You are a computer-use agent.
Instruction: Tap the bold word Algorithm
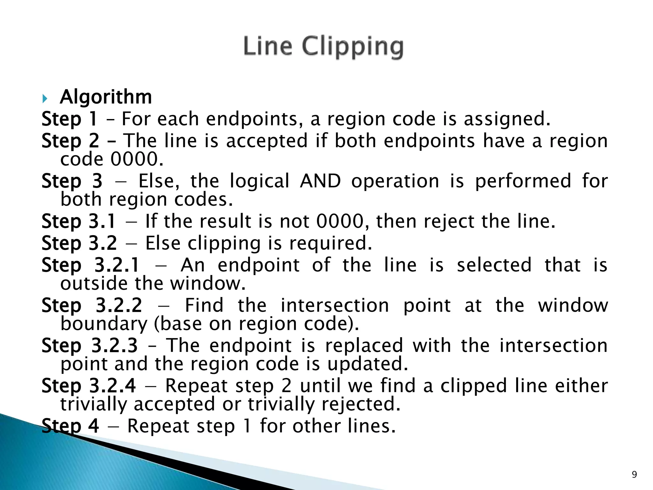tap(106, 97)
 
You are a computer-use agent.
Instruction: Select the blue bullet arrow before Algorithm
tap(45, 99)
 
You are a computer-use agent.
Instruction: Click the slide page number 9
tap(634, 475)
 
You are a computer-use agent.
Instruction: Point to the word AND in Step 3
tap(320, 181)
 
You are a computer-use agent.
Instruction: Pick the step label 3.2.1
tap(117, 265)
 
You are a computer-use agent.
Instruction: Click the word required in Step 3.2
tap(330, 243)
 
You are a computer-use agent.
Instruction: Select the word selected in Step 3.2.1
tap(494, 265)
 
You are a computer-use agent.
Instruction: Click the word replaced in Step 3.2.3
tap(364, 345)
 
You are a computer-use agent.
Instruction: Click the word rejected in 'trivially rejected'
tap(361, 405)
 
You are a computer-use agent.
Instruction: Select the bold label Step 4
tap(70, 426)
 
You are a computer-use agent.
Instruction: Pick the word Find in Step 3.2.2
tap(204, 305)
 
